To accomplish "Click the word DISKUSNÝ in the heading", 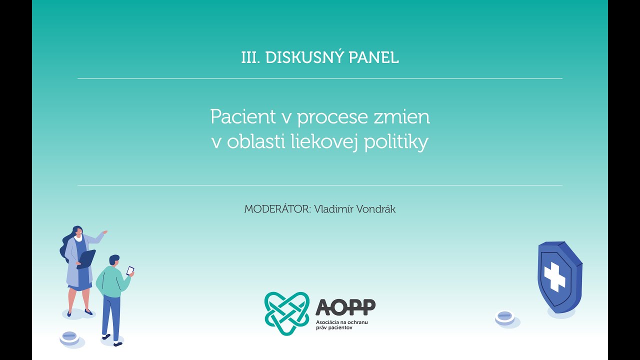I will point(296,57).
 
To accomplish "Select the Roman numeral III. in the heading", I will point(251,57).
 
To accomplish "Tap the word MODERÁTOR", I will point(276,209).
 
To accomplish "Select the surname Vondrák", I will point(374,209).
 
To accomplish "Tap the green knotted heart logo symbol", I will point(286,313).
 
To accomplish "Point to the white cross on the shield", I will point(553,276).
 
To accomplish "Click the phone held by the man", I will point(130,270).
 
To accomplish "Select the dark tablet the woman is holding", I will point(87,258).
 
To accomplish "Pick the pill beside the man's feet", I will point(69,336).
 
